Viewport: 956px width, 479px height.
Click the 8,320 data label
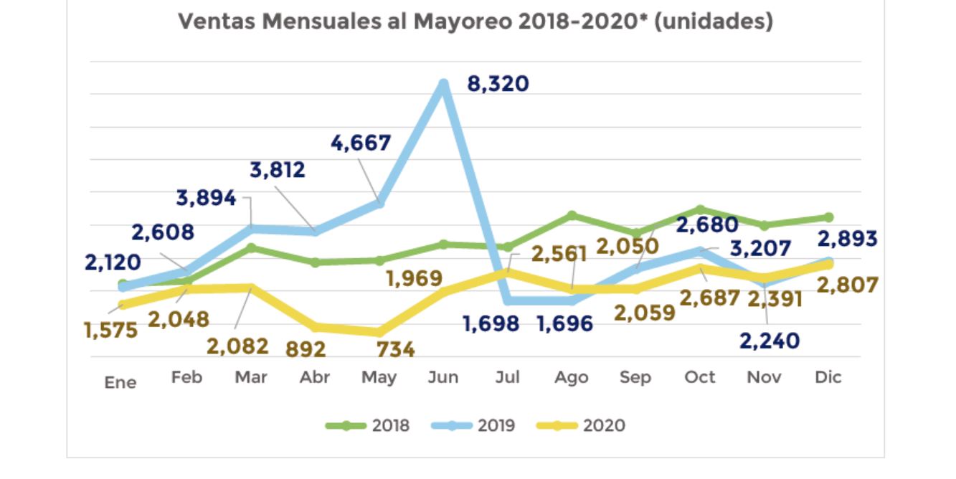pyautogui.click(x=498, y=84)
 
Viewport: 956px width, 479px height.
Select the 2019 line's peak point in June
pyautogui.click(x=444, y=84)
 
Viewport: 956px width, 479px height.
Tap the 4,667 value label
pyautogui.click(x=361, y=143)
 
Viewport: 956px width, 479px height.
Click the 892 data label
pyautogui.click(x=306, y=349)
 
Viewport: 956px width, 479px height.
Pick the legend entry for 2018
pyautogui.click(x=368, y=425)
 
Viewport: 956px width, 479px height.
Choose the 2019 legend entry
pyautogui.click(x=474, y=425)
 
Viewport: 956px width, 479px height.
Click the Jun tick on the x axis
pyautogui.click(x=443, y=377)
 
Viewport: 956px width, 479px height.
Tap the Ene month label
pyautogui.click(x=120, y=382)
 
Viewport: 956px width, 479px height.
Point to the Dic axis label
pyautogui.click(x=828, y=377)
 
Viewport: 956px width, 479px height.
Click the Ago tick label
pyautogui.click(x=572, y=377)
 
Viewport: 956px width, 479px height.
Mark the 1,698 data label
pyautogui.click(x=491, y=323)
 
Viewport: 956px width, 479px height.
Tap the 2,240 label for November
pyautogui.click(x=769, y=341)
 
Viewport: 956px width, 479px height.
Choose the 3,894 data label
pyautogui.click(x=206, y=198)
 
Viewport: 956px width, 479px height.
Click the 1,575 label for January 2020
pyautogui.click(x=110, y=331)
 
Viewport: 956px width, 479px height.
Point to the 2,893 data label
pyautogui.click(x=846, y=239)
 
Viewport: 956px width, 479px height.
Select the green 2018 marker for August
pyautogui.click(x=572, y=215)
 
